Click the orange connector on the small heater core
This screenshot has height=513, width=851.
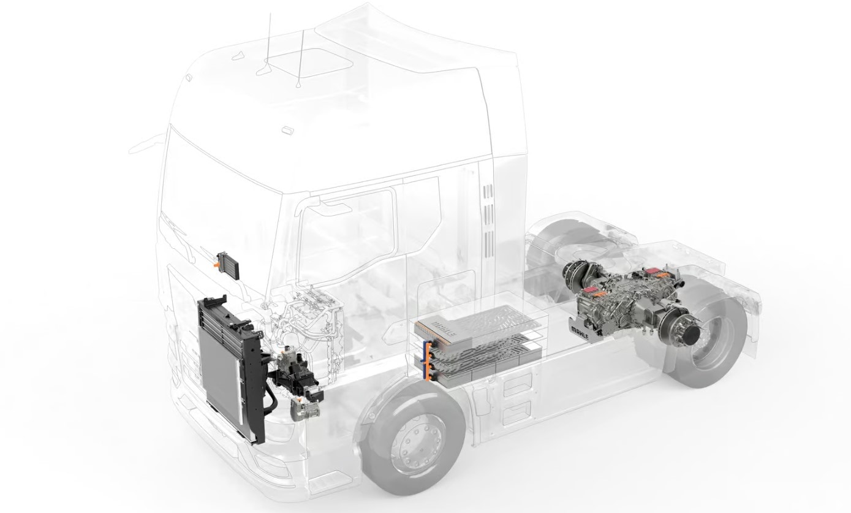[216, 263]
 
